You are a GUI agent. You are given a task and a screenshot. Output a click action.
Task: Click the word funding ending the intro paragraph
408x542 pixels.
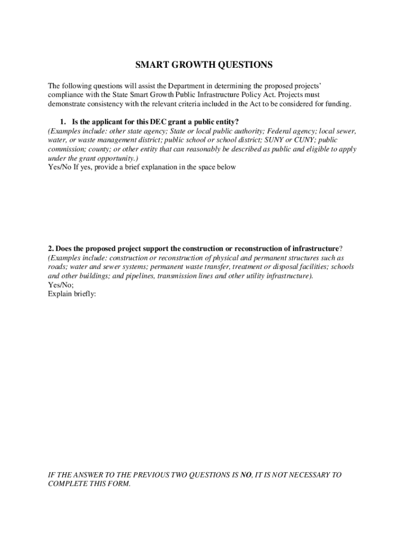(337, 104)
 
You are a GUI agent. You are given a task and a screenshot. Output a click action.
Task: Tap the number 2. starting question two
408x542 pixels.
(51, 248)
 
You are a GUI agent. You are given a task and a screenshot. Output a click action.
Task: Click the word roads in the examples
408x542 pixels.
(57, 267)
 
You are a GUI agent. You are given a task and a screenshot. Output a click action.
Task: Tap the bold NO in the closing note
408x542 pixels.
(245, 475)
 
